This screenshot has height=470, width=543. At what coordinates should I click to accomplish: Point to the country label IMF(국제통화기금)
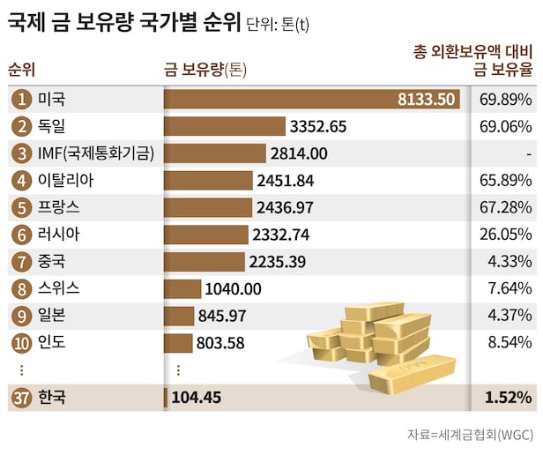click(96, 153)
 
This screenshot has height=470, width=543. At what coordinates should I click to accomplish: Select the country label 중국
click(52, 262)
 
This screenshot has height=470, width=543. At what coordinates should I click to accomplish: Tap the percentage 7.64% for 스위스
click(510, 288)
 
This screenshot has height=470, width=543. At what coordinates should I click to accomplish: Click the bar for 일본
click(179, 316)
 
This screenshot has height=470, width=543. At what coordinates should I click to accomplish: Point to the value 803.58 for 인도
click(220, 343)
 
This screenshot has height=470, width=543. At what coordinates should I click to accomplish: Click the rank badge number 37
click(21, 398)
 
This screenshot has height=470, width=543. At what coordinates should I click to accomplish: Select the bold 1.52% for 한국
click(508, 398)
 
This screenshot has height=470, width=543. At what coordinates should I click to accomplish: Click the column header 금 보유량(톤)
click(205, 71)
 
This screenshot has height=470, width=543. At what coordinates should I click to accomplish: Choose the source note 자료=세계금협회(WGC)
click(469, 434)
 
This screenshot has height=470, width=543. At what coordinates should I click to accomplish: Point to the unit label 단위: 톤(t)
click(279, 24)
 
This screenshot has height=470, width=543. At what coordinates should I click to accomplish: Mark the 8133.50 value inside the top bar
click(427, 100)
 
